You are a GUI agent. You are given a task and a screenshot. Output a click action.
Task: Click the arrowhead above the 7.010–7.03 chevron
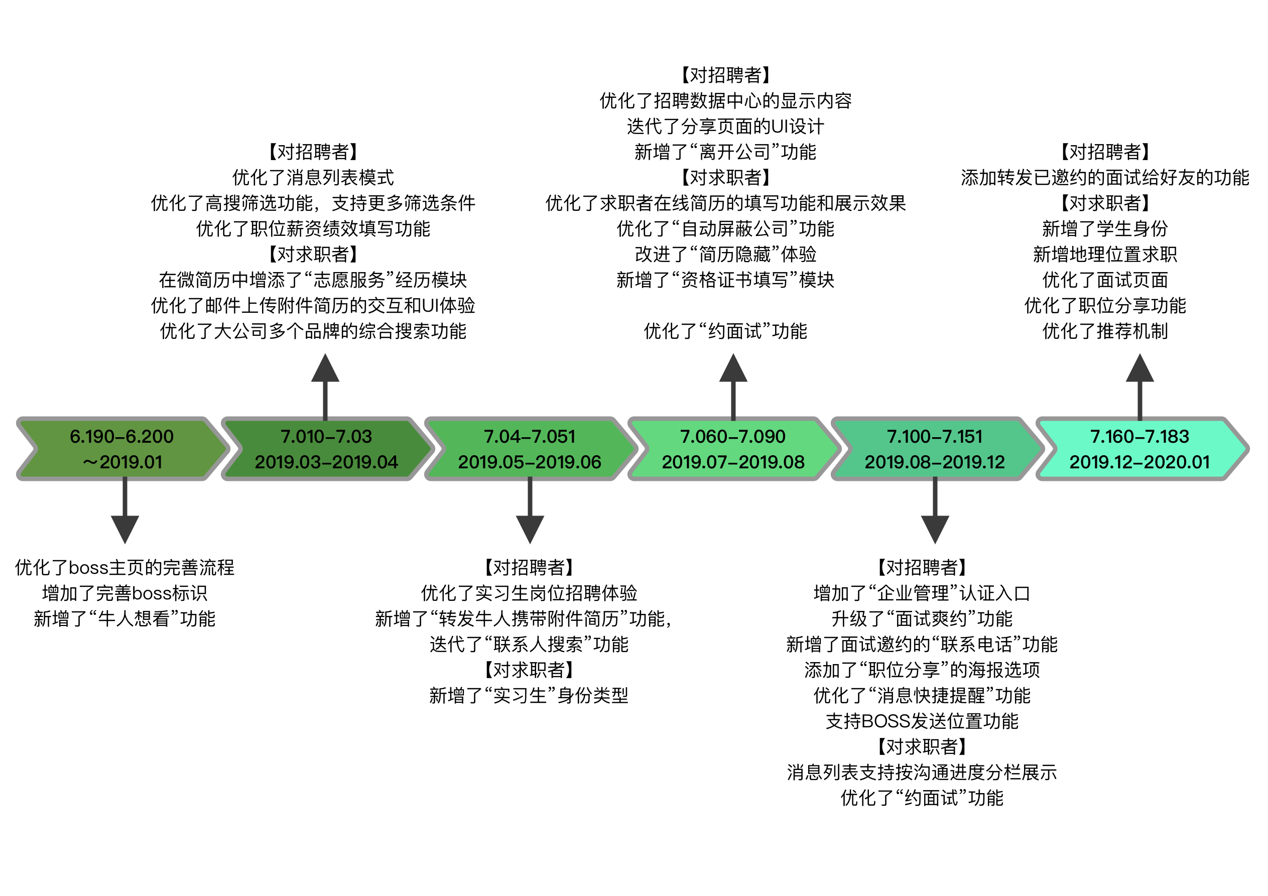click(x=325, y=369)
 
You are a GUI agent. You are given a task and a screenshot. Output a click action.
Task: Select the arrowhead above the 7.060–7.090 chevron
click(x=733, y=369)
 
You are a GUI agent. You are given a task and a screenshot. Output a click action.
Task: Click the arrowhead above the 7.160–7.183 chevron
click(x=1140, y=369)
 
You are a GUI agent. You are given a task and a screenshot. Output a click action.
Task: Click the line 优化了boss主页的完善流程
click(x=125, y=567)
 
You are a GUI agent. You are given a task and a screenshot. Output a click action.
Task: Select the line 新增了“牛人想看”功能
click(x=125, y=619)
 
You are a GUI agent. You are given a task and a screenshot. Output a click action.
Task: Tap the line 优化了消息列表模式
click(x=313, y=177)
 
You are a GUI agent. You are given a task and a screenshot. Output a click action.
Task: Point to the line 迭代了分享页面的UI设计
click(x=725, y=126)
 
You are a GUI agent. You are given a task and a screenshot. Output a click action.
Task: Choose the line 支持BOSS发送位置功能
click(x=922, y=721)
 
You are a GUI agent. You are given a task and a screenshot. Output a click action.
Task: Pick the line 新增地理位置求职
click(x=1105, y=254)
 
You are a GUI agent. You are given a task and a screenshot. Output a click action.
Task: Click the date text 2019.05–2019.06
click(x=529, y=462)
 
